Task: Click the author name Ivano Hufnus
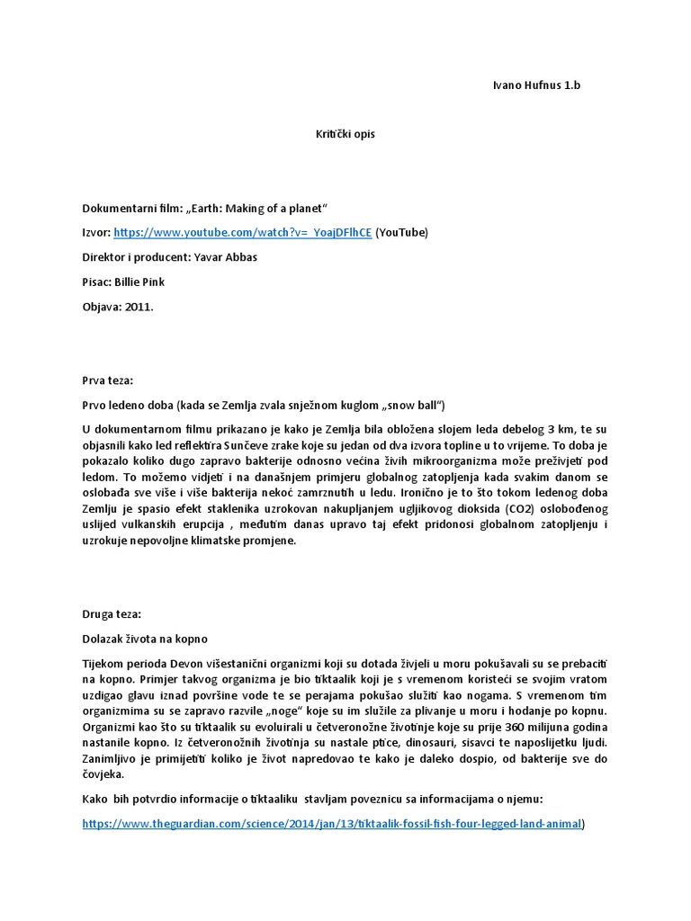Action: [x=521, y=85]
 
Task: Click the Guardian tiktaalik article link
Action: [x=332, y=823]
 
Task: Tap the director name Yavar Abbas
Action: [x=226, y=257]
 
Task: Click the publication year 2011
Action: [x=139, y=307]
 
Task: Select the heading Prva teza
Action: [x=107, y=380]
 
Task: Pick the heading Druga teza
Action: [x=111, y=614]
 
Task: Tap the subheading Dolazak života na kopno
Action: [x=144, y=639]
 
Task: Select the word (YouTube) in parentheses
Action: [x=402, y=232]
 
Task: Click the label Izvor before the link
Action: [x=95, y=232]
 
